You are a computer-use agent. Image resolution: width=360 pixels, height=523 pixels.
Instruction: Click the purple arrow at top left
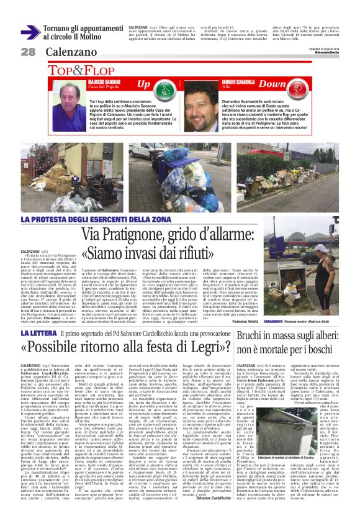tap(30, 32)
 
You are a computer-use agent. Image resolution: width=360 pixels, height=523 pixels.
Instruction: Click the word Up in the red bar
tap(143, 83)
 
